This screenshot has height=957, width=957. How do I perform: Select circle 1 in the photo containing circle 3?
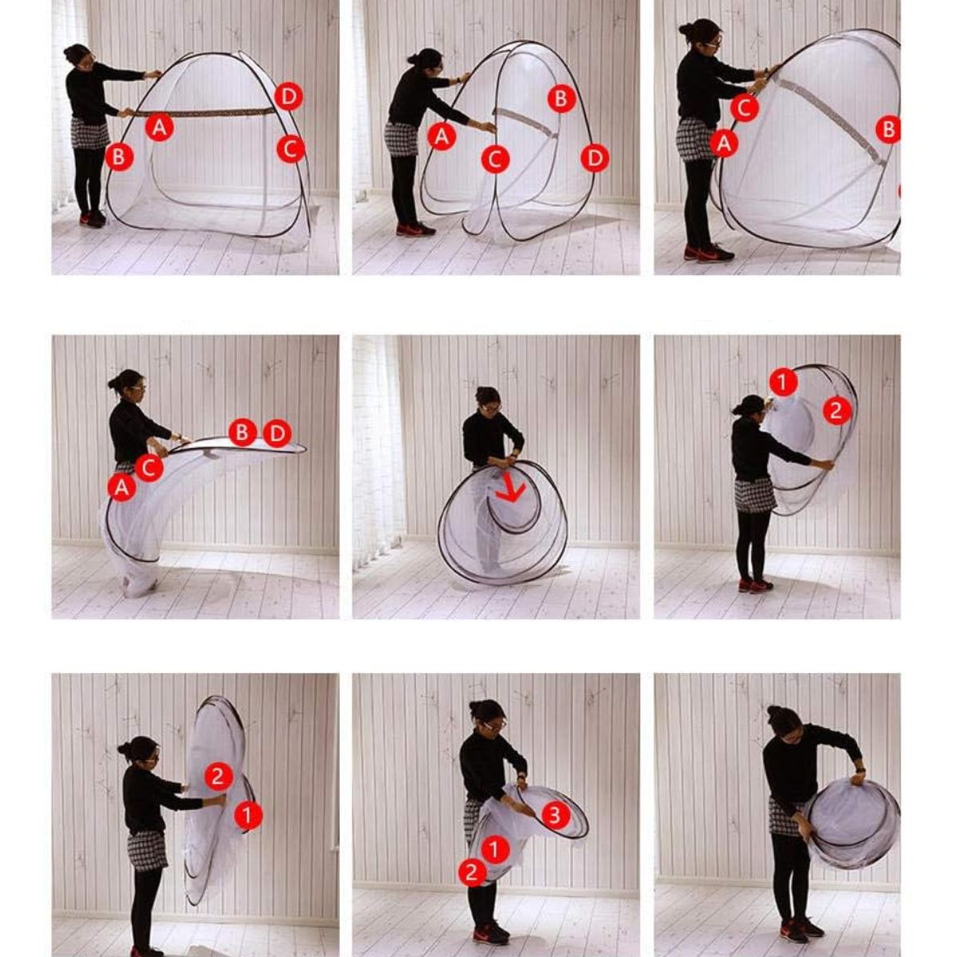point(494,849)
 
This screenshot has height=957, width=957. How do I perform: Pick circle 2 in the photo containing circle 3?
point(472,872)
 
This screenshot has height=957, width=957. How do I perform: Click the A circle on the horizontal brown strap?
point(159,127)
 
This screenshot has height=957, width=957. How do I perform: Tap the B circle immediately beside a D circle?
point(242,432)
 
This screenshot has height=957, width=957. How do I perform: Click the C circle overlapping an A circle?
point(149,467)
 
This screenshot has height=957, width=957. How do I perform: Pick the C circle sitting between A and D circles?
point(495,159)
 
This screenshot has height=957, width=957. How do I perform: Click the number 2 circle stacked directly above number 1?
point(219,776)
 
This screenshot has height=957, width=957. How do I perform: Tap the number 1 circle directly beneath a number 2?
point(248,815)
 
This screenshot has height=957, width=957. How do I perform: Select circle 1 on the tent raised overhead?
point(784,382)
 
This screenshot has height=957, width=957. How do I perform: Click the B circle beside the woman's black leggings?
point(119,157)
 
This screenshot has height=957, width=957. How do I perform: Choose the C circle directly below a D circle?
point(290,148)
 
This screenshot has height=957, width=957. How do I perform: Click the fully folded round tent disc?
point(853,825)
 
